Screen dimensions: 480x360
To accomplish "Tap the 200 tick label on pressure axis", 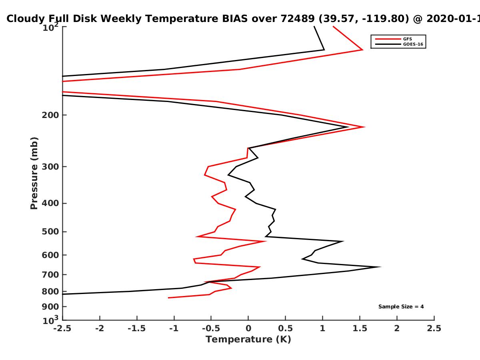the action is tap(50, 115).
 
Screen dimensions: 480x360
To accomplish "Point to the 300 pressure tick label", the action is tap(50, 167).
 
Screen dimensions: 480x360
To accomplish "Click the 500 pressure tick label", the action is tap(50, 232).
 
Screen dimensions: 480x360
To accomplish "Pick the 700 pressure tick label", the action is tap(50, 275).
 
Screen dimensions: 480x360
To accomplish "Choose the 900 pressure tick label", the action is tap(50, 307).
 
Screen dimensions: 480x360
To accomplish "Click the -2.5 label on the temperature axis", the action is tap(62, 328).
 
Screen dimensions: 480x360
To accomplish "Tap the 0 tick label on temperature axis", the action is tap(248, 328).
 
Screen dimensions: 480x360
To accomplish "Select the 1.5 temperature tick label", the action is tap(360, 328).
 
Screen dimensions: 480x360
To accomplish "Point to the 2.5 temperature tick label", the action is tap(434, 328).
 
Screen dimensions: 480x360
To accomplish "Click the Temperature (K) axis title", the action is tap(248, 340).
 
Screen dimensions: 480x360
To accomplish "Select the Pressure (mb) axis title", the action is tap(34, 173).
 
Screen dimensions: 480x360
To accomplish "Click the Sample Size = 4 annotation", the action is tap(401, 307).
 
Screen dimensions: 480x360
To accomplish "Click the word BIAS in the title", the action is tap(235, 19).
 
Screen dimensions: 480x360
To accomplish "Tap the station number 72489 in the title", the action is tap(298, 19).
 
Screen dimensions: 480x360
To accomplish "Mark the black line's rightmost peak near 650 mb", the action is tap(380, 267).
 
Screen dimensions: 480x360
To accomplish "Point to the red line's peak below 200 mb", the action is tap(364, 127).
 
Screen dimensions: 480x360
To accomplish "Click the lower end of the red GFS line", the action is tap(168, 298).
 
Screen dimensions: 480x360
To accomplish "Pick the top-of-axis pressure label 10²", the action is tap(50, 27).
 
